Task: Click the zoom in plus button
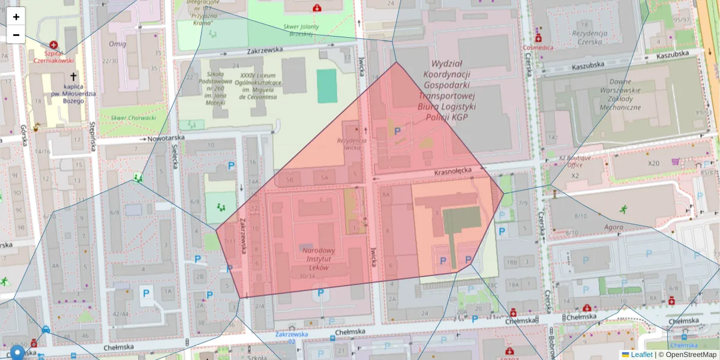pyautogui.click(x=16, y=17)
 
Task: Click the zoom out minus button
pyautogui.click(x=16, y=35)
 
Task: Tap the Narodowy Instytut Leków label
pyautogui.click(x=318, y=259)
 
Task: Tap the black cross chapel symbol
pyautogui.click(x=73, y=77)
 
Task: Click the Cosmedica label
pyautogui.click(x=537, y=47)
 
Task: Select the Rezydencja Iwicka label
pyautogui.click(x=351, y=143)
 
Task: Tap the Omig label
pyautogui.click(x=117, y=44)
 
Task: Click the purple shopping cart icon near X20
pyautogui.click(x=676, y=161)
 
